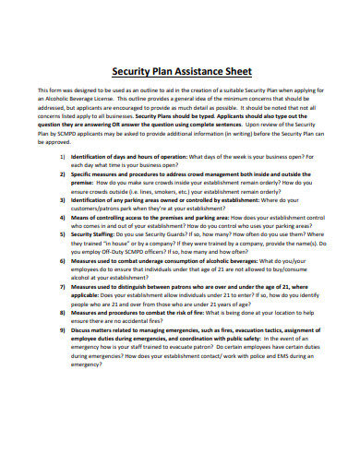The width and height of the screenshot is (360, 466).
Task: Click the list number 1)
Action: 61,158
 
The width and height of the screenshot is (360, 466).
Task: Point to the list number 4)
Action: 61,215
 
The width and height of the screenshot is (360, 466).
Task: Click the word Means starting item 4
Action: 81,215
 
